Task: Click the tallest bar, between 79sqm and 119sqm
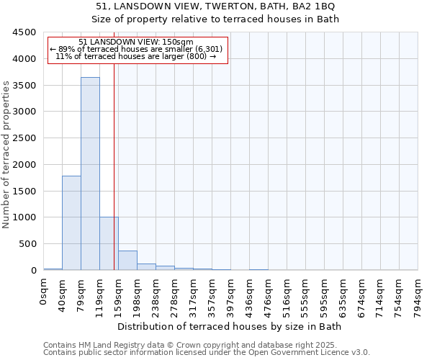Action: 90,173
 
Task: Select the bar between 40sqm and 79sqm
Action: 71,223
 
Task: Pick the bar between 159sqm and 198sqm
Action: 127,261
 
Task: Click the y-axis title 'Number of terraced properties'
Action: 6,155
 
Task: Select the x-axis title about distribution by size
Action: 230,326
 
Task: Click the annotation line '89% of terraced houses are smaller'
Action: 137,49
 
